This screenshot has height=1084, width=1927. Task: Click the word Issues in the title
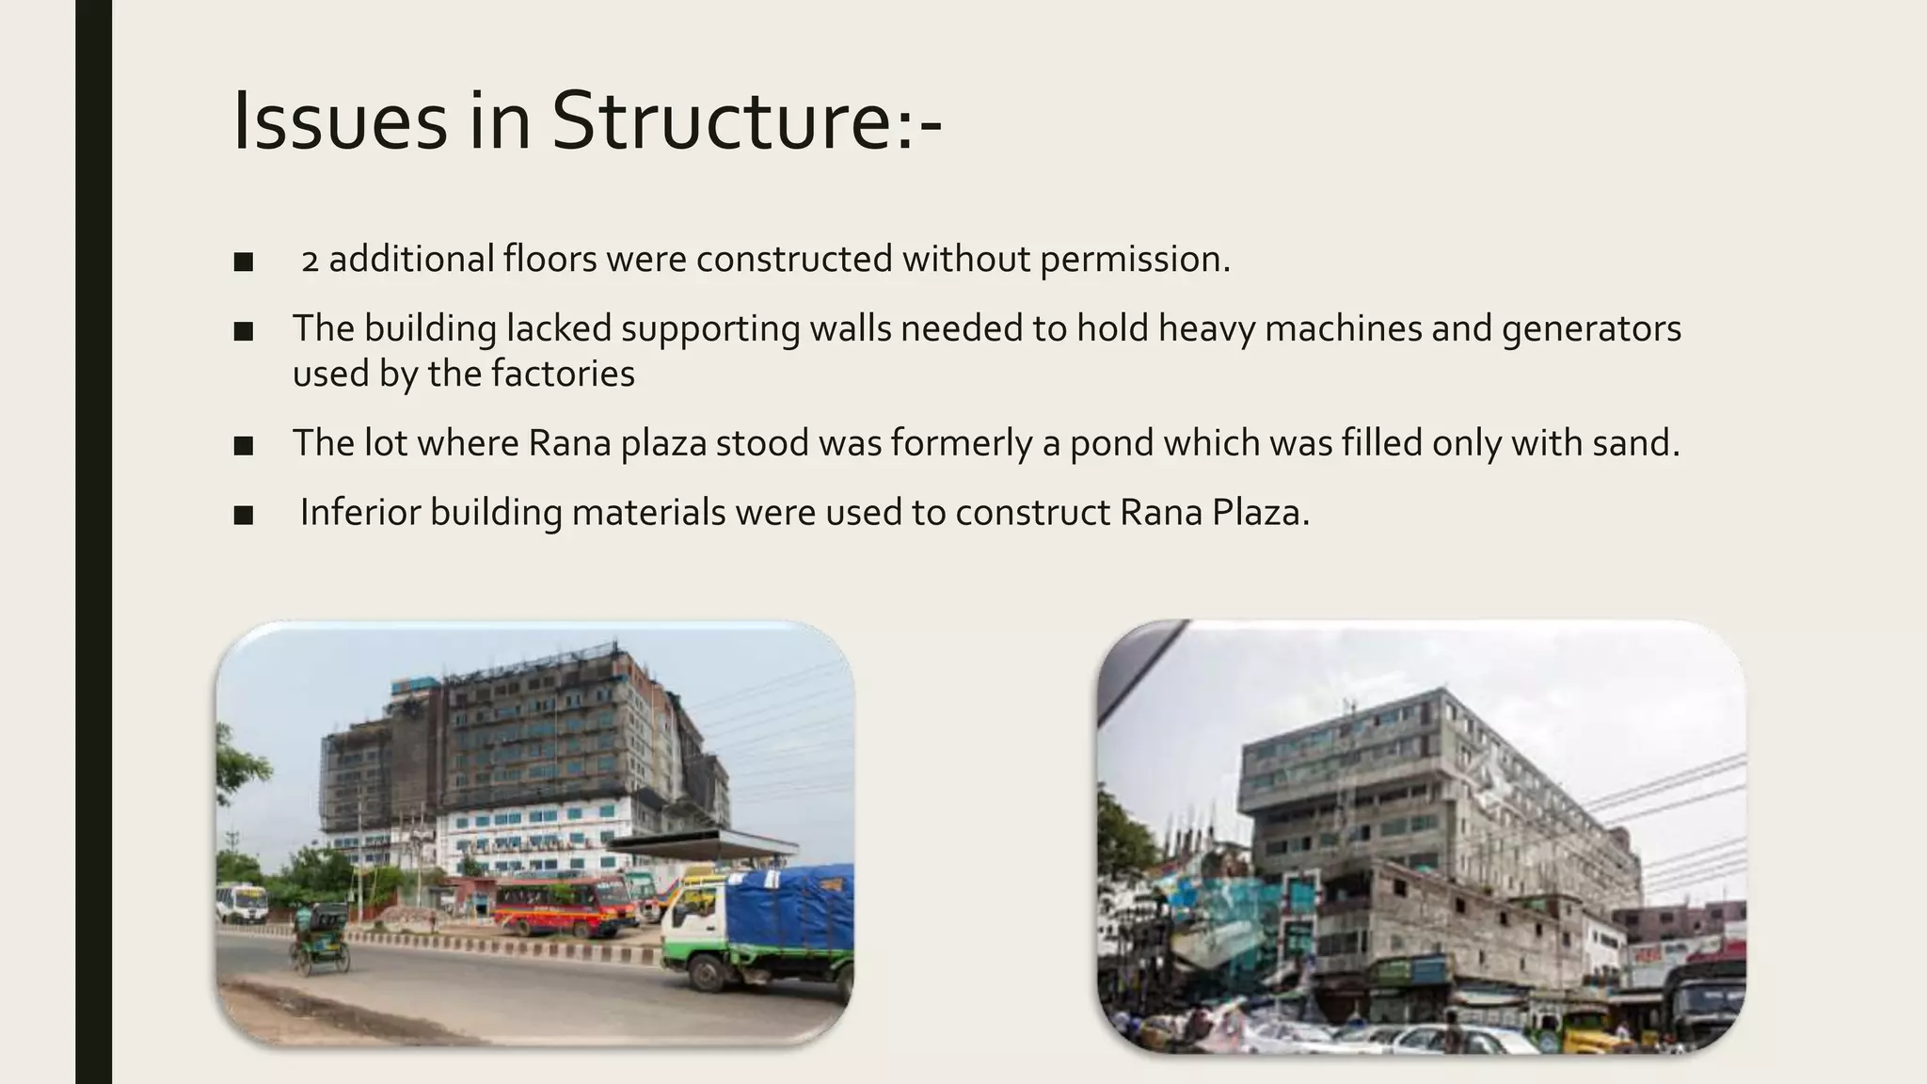339,120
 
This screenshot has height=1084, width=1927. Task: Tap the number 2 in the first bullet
310,261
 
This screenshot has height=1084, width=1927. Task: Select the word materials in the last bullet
648,513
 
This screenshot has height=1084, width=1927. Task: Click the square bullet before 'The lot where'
244,445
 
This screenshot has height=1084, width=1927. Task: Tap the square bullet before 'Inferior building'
244,515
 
